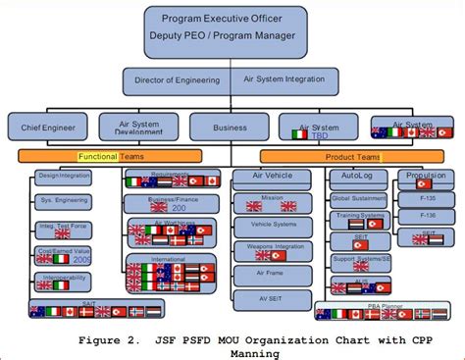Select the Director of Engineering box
[177, 79]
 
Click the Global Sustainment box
[358, 198]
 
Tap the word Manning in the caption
[231, 352]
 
